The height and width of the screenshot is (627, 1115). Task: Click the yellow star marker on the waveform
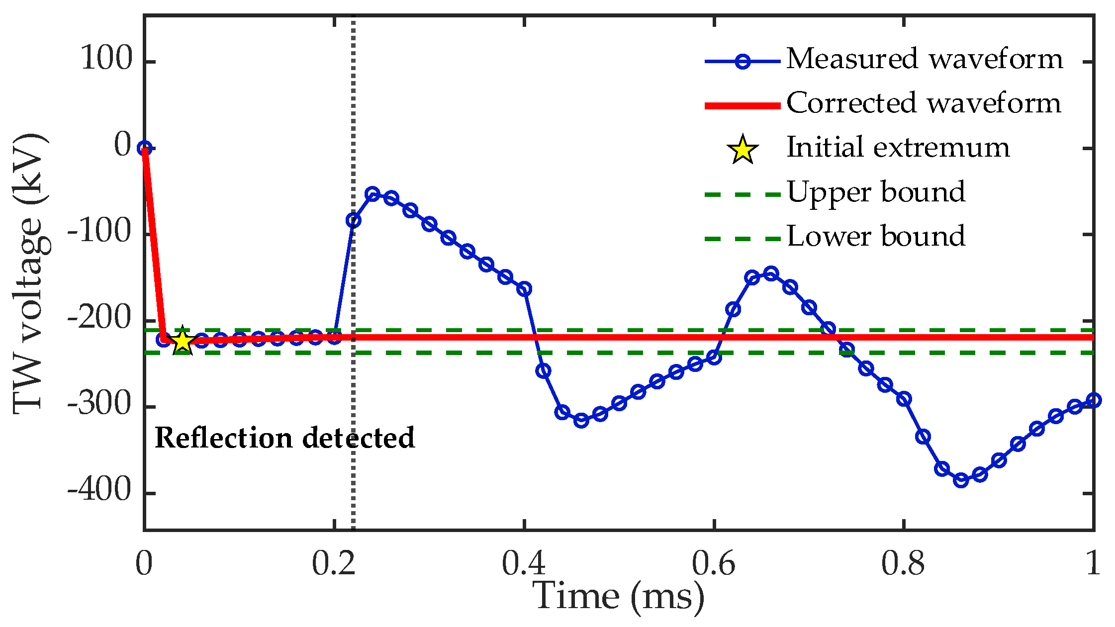183,341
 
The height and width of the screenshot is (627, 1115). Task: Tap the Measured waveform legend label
925,59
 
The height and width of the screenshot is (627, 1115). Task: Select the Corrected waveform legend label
924,103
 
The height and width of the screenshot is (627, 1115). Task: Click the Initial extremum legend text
898,148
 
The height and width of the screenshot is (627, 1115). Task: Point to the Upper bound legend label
876,192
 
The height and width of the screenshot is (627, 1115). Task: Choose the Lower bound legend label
876,236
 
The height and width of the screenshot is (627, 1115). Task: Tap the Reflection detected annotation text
284,438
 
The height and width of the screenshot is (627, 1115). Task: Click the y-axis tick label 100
106,59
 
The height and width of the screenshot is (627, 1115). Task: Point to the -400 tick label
99,491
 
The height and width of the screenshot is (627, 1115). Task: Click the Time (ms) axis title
619,597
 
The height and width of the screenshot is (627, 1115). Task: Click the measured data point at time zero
144,148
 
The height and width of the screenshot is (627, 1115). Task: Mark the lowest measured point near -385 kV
961,480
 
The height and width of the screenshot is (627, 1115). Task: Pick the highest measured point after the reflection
372,194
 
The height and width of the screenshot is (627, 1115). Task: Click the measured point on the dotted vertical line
354,220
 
